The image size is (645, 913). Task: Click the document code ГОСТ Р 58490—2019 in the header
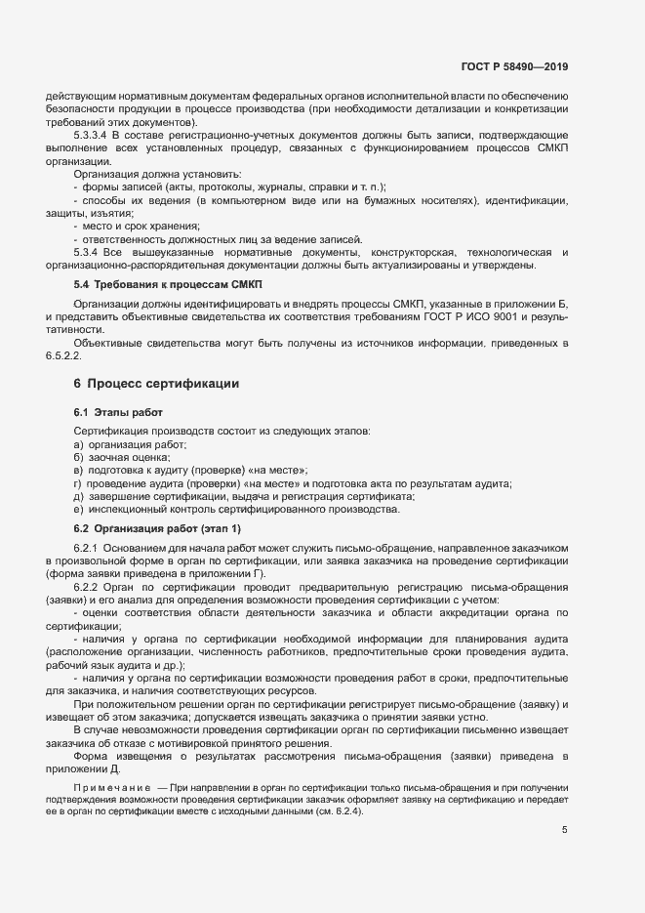point(513,67)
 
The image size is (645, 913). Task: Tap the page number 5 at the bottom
point(564,831)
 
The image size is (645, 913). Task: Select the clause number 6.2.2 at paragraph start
point(86,588)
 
